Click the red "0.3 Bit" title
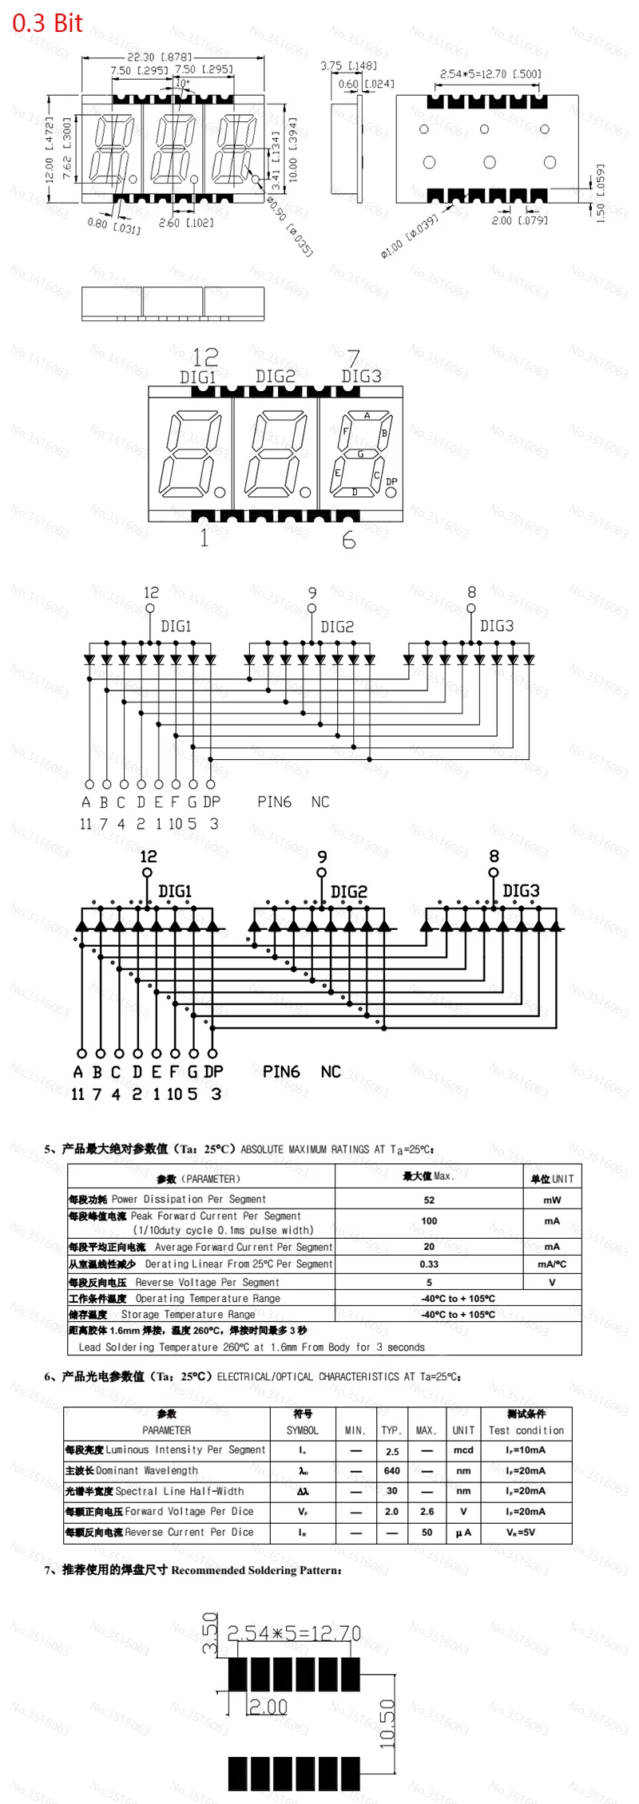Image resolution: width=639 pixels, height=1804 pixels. point(47,23)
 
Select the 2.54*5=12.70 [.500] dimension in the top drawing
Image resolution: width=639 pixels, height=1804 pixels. point(490,74)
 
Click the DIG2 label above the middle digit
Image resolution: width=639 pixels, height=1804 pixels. point(276,376)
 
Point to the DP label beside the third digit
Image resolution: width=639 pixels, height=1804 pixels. point(391,481)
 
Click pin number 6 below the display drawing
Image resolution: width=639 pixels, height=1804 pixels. point(349,540)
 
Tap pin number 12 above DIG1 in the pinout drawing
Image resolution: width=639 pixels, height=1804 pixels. point(205,357)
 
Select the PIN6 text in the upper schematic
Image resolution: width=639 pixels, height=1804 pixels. point(274,801)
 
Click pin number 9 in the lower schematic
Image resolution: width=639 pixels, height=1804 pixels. point(322,857)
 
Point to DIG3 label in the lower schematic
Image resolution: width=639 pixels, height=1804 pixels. point(521,890)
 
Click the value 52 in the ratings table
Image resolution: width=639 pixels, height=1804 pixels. point(429,1200)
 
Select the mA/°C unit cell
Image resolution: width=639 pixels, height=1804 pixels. point(552,1264)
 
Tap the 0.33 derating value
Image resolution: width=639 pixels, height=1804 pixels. point(429,1264)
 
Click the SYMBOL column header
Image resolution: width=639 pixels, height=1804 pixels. point(302,1430)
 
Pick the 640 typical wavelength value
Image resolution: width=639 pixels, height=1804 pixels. point(391,1470)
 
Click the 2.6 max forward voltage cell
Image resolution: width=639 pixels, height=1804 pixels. point(427,1511)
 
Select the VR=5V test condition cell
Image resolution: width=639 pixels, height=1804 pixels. point(526,1532)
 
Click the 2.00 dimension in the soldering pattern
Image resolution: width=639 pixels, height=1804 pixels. point(268,1707)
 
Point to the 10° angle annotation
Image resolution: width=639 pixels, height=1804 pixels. point(183,83)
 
